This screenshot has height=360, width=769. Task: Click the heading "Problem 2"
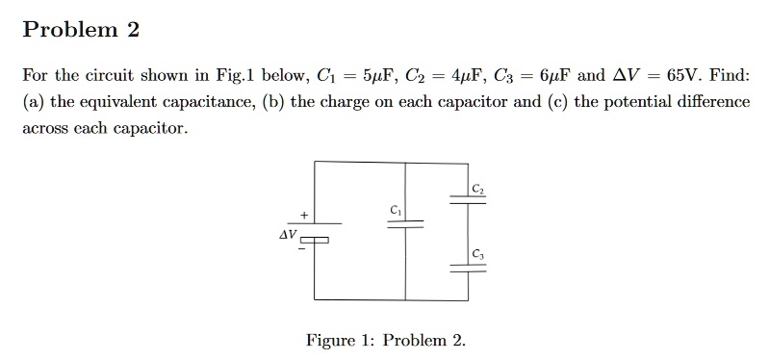pos(81,31)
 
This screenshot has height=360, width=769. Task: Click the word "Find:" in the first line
pos(729,76)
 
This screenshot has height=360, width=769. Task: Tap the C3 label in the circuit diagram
pos(478,255)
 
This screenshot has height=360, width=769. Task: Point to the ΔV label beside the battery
pos(287,234)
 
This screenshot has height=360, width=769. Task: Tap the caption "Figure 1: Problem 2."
pos(385,341)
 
